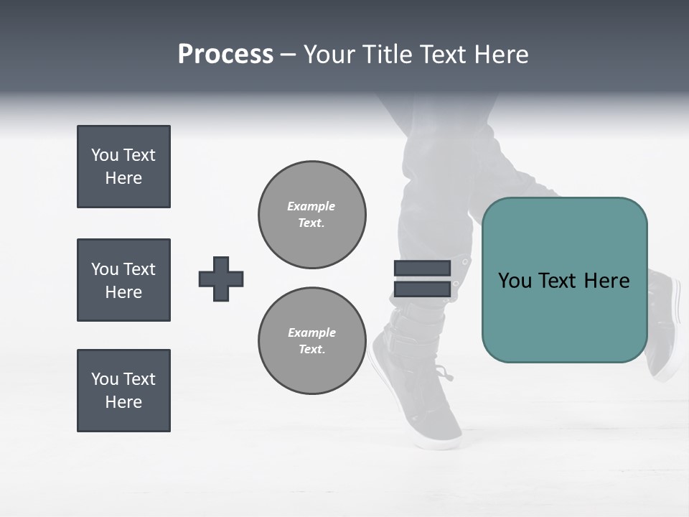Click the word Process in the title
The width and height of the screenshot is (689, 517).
225,55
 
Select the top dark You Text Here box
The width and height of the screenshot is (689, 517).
123,167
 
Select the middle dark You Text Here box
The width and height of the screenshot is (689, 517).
123,280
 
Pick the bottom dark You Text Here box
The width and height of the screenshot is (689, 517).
123,391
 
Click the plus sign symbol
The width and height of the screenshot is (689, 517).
220,279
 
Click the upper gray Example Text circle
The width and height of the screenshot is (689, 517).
311,215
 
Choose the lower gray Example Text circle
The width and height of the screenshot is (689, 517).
311,341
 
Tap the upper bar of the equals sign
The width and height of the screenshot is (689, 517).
422,268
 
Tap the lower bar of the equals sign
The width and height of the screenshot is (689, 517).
422,289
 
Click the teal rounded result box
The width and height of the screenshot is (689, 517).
564,316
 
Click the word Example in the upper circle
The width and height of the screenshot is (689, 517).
311,206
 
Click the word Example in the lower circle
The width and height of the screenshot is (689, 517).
311,332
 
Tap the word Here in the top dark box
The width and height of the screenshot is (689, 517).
123,178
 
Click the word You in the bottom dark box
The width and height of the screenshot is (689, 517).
105,379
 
